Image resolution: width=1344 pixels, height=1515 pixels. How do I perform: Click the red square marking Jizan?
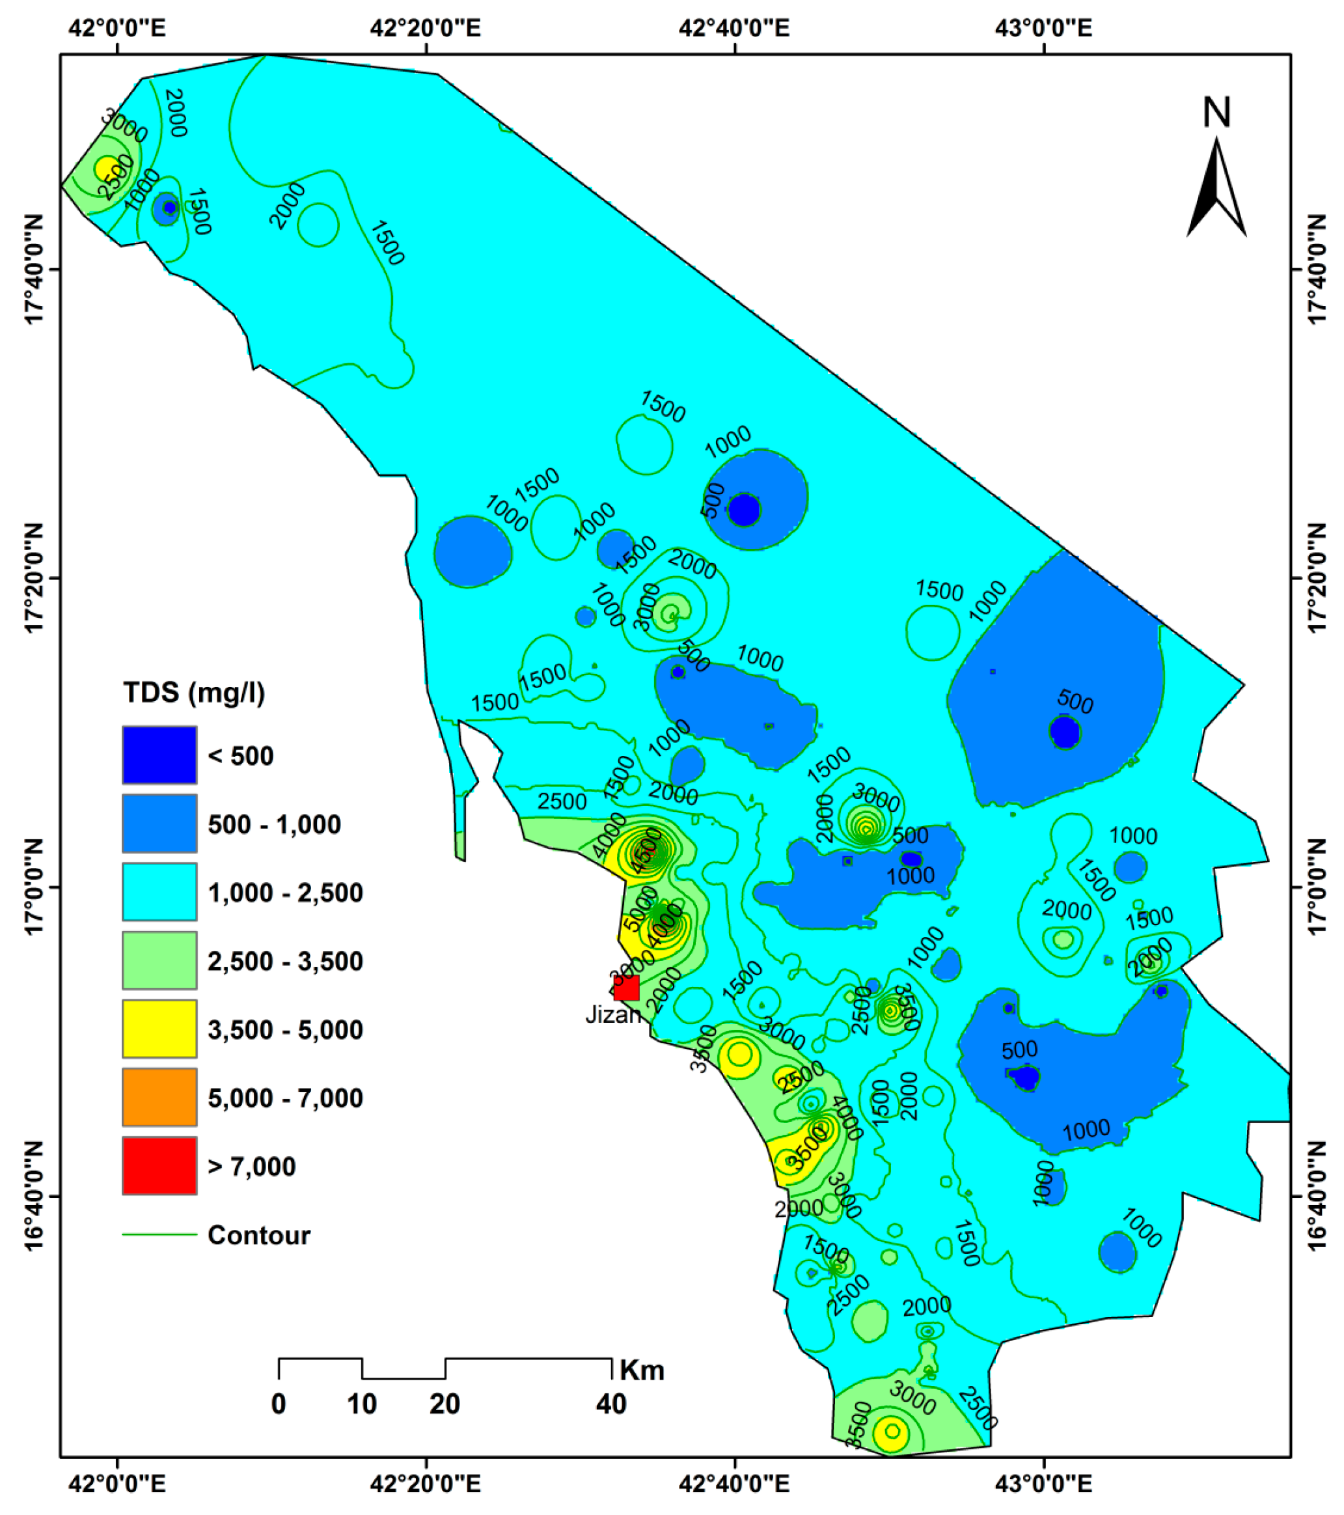(626, 989)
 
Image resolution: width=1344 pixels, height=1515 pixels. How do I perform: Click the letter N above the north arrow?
(1216, 113)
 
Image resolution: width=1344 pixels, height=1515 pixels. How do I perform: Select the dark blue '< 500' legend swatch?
(159, 755)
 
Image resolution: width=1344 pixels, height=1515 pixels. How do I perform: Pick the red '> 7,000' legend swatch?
(159, 1166)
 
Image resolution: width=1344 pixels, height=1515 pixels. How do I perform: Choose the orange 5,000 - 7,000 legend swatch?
(159, 1098)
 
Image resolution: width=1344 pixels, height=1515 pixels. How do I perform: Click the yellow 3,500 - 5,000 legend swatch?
(159, 1029)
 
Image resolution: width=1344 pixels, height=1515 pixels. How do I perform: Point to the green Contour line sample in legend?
(159, 1235)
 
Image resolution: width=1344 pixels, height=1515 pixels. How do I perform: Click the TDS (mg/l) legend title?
(193, 692)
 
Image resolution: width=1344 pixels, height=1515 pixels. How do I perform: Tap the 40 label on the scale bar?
(611, 1404)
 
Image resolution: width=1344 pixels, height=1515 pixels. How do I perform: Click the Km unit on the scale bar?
(642, 1370)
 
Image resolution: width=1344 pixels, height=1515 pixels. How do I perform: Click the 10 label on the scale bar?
(363, 1404)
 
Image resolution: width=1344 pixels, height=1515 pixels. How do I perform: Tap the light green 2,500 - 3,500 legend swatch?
(159, 960)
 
